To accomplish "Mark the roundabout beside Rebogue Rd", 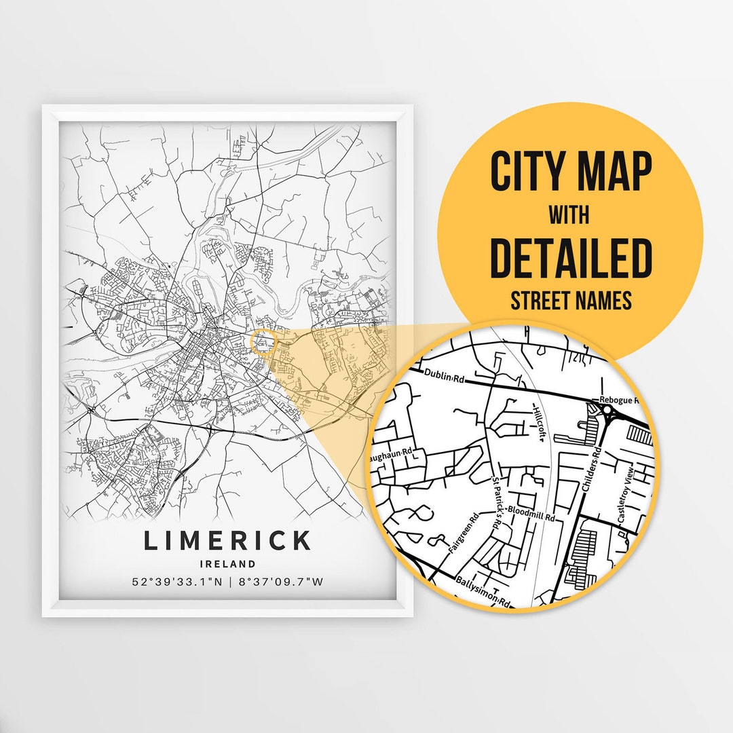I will pyautogui.click(x=606, y=411).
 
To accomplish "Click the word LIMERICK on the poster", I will pyautogui.click(x=227, y=541).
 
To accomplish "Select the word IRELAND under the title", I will pyautogui.click(x=227, y=563).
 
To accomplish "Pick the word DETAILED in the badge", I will pyautogui.click(x=570, y=257).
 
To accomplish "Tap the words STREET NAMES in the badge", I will pyautogui.click(x=570, y=301).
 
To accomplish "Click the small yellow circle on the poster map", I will pyautogui.click(x=263, y=341).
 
